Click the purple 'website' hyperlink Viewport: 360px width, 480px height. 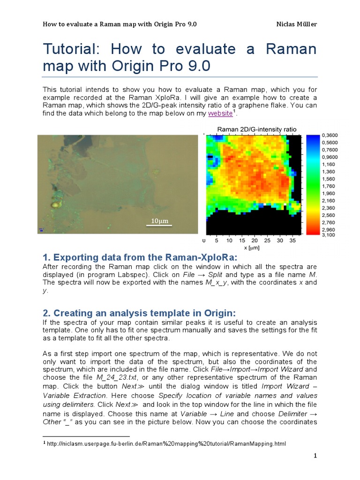click(x=220, y=113)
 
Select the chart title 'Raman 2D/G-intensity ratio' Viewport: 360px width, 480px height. click(x=256, y=129)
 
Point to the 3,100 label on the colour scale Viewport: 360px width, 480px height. click(x=329, y=235)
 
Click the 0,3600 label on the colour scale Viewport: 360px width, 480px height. click(x=330, y=135)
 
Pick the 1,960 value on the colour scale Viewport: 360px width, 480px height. click(x=329, y=193)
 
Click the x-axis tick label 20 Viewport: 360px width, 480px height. click(x=255, y=240)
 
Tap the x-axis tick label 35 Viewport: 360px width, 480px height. click(x=292, y=240)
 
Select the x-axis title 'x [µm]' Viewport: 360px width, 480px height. click(x=252, y=247)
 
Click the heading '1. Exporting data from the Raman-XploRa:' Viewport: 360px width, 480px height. click(x=140, y=257)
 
